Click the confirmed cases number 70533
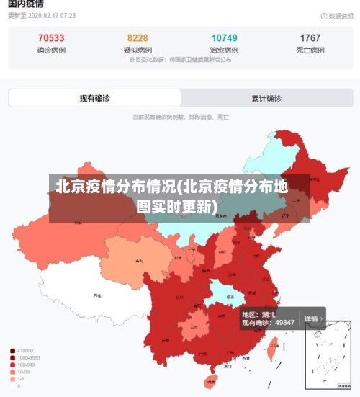pyautogui.click(x=50, y=37)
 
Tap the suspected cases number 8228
pyautogui.click(x=138, y=37)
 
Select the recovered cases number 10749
pyautogui.click(x=224, y=37)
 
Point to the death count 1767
pyautogui.click(x=310, y=37)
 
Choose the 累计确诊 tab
pyautogui.click(x=266, y=98)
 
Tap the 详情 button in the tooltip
pyautogui.click(x=310, y=318)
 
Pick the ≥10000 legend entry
pyautogui.click(x=27, y=350)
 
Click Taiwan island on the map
pyautogui.click(x=272, y=350)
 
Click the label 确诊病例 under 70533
pyautogui.click(x=50, y=50)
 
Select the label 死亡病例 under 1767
pyautogui.click(x=310, y=50)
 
